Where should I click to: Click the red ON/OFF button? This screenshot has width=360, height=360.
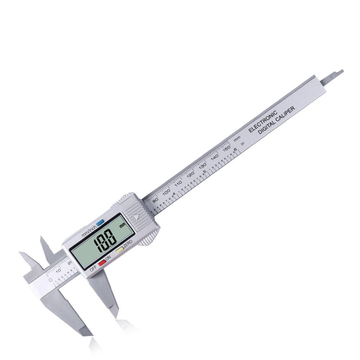[x=102, y=263]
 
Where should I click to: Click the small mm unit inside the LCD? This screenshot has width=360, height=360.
[x=123, y=226]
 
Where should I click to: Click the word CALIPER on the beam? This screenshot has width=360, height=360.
[x=286, y=114]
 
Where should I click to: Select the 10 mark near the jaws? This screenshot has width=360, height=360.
[x=58, y=270]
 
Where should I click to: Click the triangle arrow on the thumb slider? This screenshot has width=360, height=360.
[x=136, y=217]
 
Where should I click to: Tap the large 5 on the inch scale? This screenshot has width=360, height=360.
[x=205, y=172]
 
